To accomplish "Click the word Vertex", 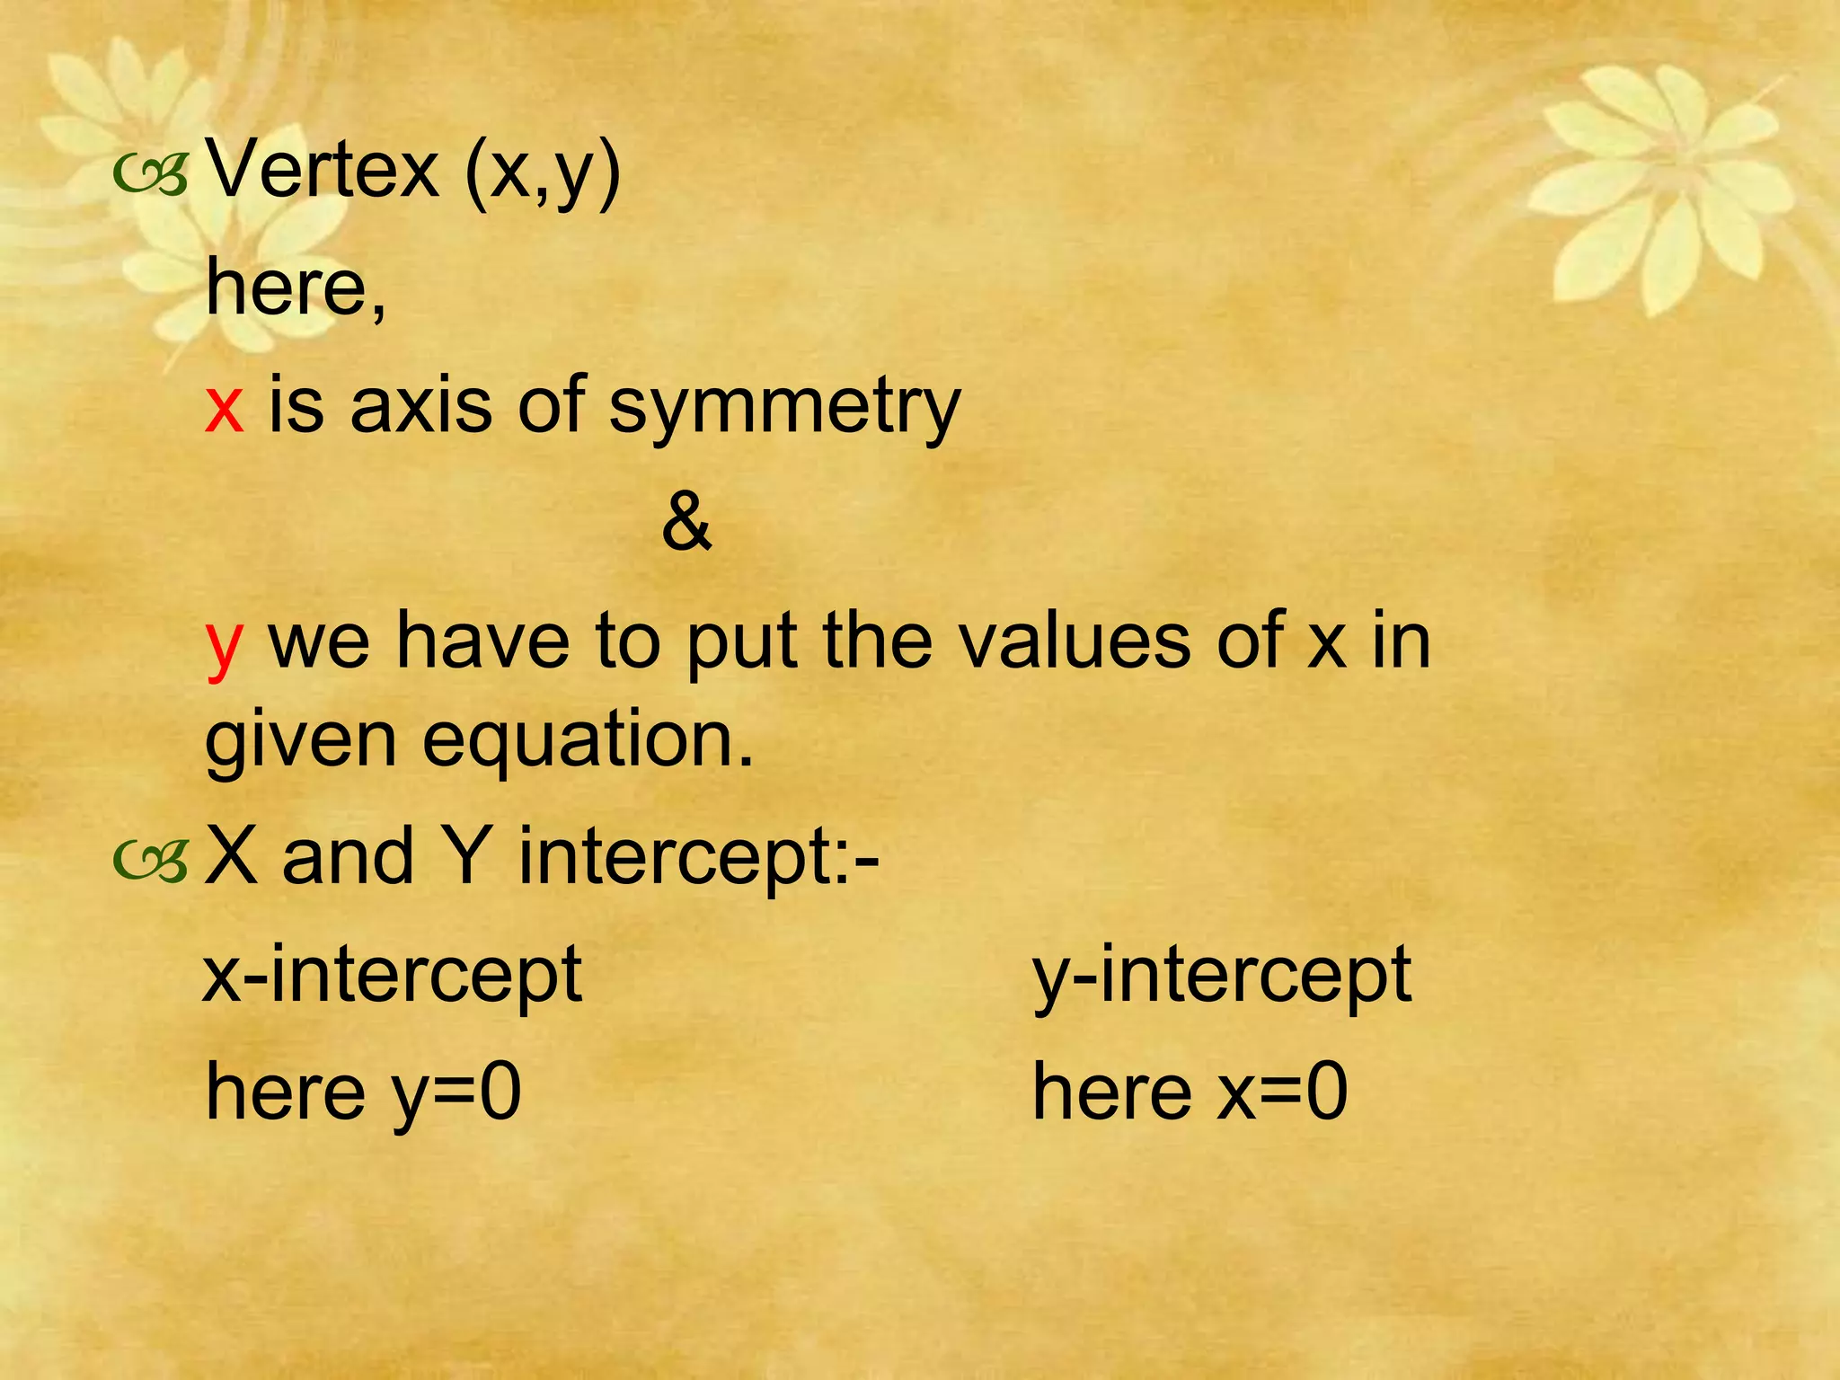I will [323, 170].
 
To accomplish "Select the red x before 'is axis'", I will [224, 407].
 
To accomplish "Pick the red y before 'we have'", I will [224, 646].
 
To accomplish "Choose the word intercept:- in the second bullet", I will [699, 859].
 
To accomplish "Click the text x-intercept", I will [393, 976].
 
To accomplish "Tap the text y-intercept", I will [1222, 976].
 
